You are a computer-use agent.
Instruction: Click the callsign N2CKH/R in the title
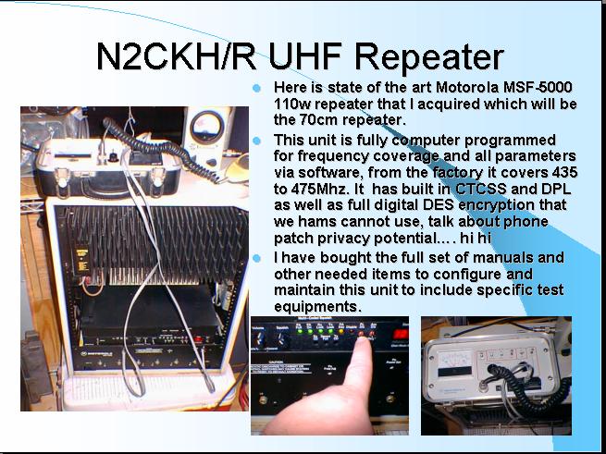[176, 56]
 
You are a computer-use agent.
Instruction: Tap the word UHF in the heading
[304, 56]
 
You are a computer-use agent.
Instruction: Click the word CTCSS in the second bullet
[481, 189]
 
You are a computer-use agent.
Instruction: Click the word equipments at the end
[317, 307]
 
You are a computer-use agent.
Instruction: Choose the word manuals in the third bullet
[502, 257]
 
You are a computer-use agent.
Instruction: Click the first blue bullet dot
[256, 88]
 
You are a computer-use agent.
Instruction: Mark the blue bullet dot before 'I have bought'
[256, 258]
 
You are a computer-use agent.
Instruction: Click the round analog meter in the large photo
[207, 128]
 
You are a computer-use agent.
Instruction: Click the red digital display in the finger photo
[401, 334]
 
